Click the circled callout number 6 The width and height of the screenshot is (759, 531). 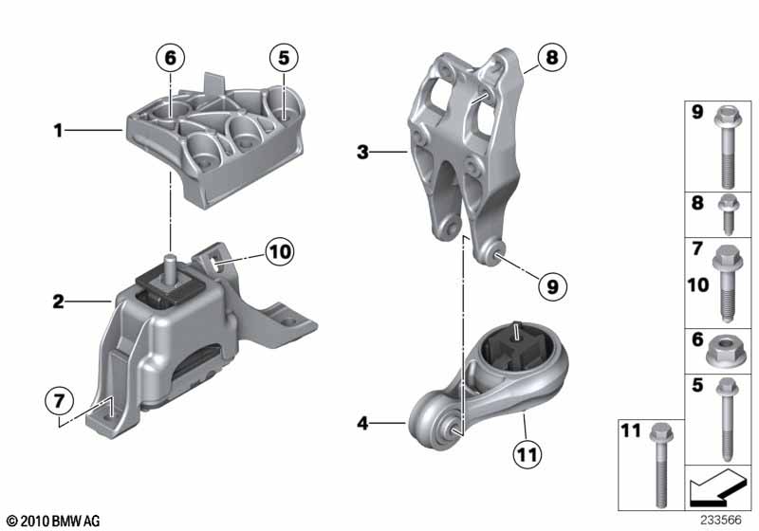(171, 58)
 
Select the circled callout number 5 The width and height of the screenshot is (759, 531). (284, 58)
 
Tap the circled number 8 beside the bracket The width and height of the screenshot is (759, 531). (552, 58)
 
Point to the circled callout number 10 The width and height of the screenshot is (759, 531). (280, 251)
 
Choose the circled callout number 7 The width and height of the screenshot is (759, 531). (59, 401)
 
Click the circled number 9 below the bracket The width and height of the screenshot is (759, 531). (552, 286)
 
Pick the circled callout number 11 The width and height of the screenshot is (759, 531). (528, 454)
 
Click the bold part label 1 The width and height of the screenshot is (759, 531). (58, 130)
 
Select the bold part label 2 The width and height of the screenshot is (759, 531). (58, 302)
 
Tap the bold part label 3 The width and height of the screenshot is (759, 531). (362, 153)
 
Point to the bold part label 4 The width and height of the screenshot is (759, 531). (362, 424)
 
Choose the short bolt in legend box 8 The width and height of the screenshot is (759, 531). (728, 213)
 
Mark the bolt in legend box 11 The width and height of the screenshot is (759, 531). (659, 466)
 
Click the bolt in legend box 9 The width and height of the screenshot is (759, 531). (727, 148)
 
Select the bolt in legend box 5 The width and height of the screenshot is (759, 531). (727, 419)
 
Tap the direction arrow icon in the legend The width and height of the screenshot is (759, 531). (717, 486)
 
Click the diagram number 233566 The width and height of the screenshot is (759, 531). (721, 520)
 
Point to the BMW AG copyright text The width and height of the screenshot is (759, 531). (54, 521)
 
